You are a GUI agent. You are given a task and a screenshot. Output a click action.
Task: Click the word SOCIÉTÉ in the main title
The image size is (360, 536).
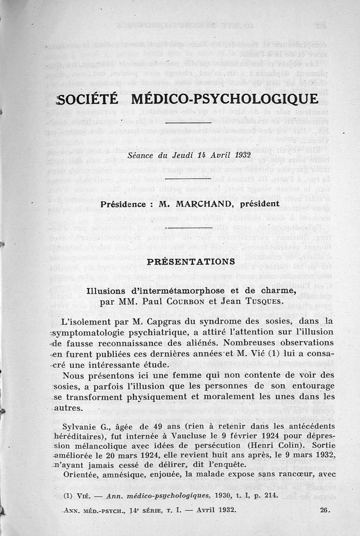tap(88, 99)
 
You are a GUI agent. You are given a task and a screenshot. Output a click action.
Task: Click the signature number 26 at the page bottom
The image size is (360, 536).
tap(325, 510)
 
